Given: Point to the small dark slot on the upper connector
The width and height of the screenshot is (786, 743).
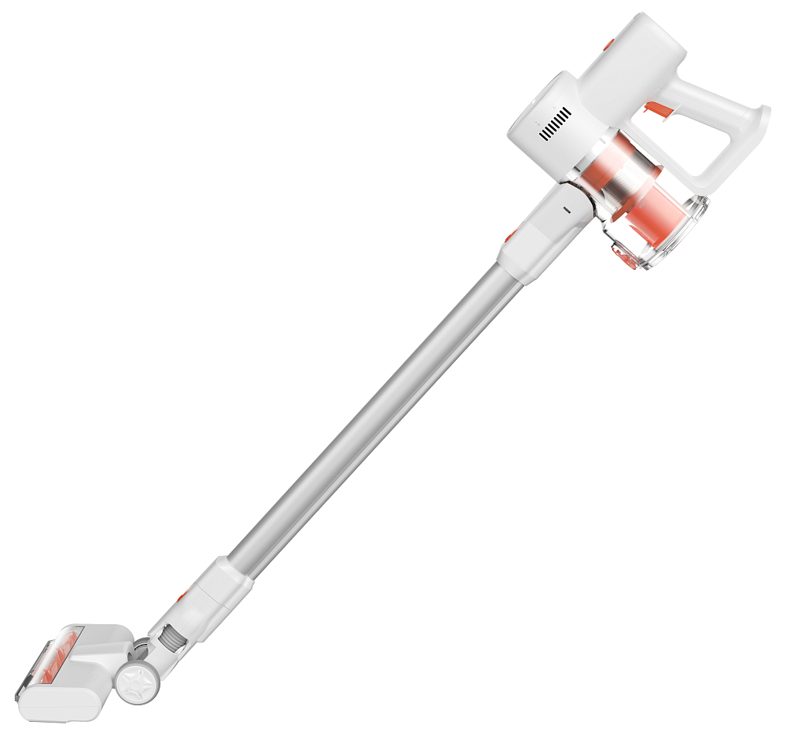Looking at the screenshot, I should [564, 211].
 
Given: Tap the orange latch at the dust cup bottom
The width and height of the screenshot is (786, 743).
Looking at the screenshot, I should [625, 255].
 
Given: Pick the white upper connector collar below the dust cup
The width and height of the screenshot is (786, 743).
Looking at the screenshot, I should [542, 232].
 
